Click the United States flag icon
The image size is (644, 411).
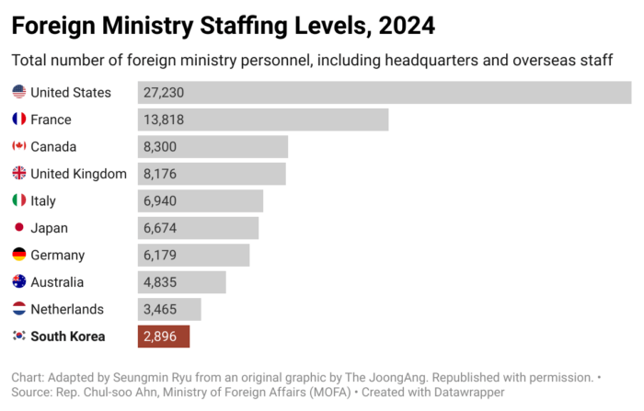[x=18, y=92]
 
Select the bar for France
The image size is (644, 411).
[x=263, y=120]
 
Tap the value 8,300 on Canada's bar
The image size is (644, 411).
[x=160, y=147]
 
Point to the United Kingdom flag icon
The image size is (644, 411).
[x=18, y=174]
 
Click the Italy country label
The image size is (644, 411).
[x=43, y=201]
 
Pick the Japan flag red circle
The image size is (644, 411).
[x=18, y=228]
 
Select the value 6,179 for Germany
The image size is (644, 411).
[x=160, y=256]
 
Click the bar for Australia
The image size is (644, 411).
[x=182, y=282]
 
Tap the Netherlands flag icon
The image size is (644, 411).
[x=18, y=309]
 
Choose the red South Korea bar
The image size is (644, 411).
[x=164, y=337]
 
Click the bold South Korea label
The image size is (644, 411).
[x=67, y=337]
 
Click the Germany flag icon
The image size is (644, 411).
[x=18, y=255]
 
